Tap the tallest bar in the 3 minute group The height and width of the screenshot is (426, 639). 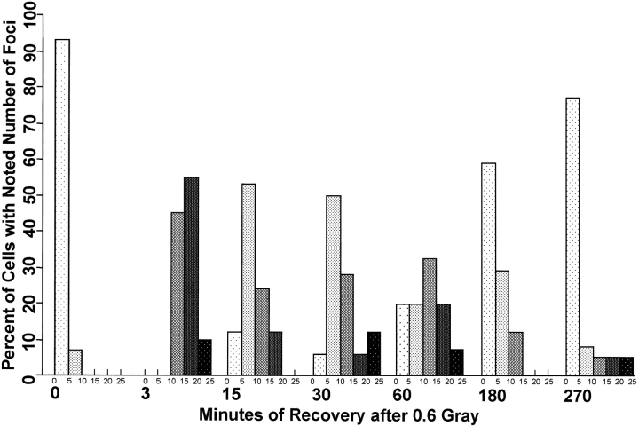point(191,276)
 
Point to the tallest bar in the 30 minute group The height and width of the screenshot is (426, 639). point(334,285)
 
